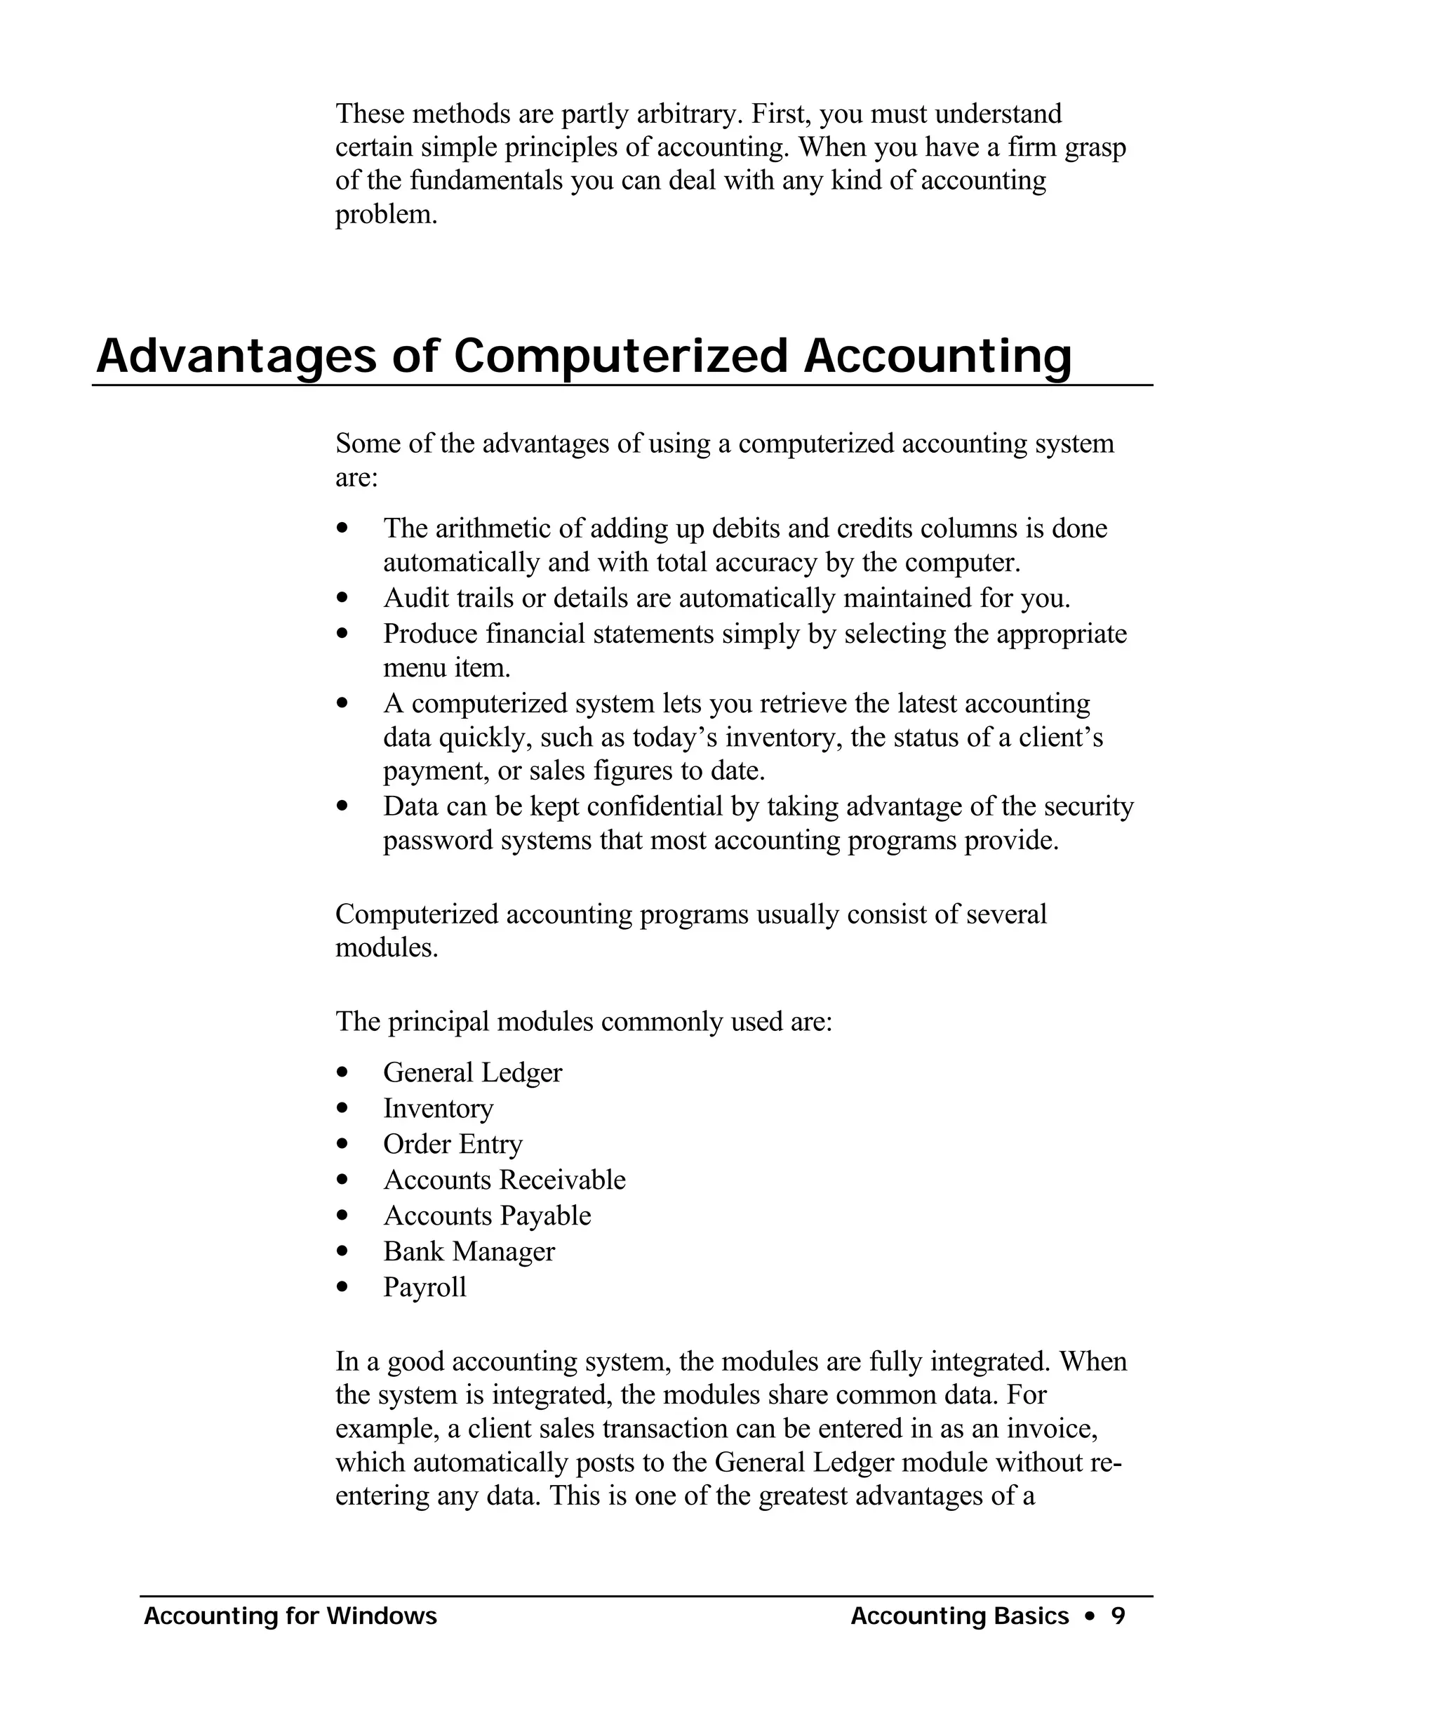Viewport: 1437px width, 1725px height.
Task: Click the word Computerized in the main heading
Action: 620,357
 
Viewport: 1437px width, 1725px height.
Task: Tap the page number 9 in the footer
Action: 1118,1616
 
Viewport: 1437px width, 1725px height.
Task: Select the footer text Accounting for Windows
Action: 290,1616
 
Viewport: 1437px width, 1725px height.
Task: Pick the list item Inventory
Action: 438,1109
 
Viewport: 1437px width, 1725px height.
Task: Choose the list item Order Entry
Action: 453,1144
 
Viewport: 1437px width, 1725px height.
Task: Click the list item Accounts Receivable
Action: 504,1180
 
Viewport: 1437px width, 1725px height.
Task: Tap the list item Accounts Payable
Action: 487,1216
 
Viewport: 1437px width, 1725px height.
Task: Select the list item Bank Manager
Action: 469,1252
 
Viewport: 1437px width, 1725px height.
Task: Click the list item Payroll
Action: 425,1287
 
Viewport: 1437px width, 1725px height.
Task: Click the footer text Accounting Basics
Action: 959,1616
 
